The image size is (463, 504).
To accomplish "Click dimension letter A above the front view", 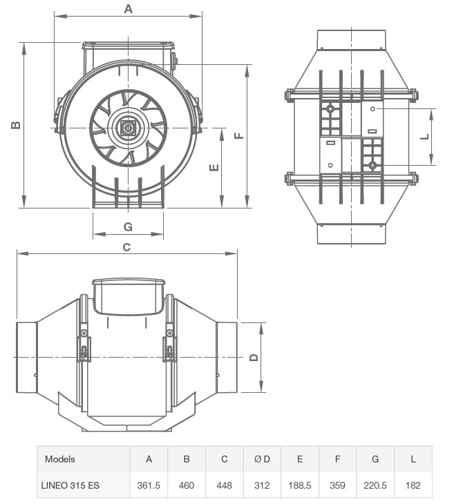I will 128,9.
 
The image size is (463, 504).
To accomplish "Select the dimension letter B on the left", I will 15,125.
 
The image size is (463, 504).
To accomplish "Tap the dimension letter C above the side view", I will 127,246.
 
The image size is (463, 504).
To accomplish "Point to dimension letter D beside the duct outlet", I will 254,357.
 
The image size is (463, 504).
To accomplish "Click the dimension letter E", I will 214,168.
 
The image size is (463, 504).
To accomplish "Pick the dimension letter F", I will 239,135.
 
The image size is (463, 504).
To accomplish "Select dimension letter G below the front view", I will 128,227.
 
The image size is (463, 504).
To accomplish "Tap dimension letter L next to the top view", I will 426,137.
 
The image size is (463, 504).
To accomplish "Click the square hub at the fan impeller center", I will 127,128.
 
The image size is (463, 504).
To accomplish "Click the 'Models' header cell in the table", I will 59,459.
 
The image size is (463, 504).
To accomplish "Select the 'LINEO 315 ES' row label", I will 69,485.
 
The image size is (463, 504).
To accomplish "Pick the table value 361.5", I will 149,485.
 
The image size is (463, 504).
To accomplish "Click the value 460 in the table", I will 187,485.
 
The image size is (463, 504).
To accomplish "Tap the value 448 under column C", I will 225,485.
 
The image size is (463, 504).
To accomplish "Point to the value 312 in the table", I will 262,485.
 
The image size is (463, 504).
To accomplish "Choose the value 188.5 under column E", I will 300,485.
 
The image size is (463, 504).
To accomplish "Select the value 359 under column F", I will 337,485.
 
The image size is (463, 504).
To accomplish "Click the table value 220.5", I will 375,485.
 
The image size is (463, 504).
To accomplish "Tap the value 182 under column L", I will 413,485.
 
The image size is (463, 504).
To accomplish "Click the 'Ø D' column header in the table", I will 262,459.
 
